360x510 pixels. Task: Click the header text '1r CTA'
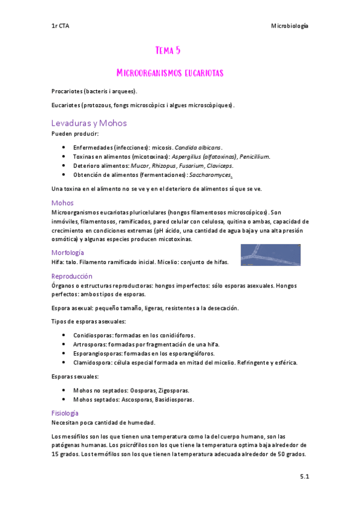60,26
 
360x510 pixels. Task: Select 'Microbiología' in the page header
290,26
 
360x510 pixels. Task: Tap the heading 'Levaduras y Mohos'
89,123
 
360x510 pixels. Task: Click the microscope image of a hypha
270,254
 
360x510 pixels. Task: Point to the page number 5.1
304,477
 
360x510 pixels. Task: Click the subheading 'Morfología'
68,253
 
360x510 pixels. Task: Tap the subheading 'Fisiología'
66,413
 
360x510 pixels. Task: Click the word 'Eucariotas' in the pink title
195,73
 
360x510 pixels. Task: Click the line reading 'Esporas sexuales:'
76,376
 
